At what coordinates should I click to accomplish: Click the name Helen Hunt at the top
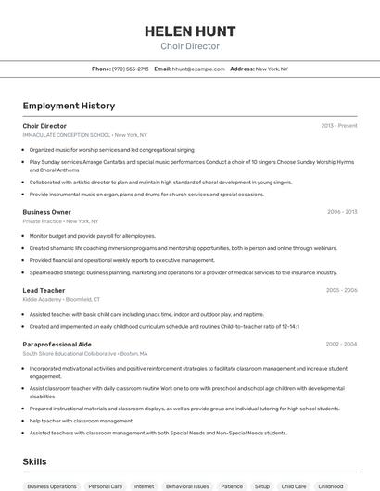coord(190,31)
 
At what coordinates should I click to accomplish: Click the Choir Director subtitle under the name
coord(190,46)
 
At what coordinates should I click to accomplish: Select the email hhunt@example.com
coord(198,69)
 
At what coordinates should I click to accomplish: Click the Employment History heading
coord(69,106)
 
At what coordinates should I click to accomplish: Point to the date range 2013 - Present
coord(339,126)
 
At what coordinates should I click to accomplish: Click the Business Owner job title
coord(46,212)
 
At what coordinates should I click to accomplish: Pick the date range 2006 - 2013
coord(342,212)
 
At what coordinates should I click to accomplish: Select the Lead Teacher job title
coord(44,290)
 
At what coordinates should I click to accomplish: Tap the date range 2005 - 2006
coord(341,290)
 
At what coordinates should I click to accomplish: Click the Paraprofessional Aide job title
coord(57,344)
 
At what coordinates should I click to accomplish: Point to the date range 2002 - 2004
coord(341,344)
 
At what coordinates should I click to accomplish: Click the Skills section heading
coord(35,460)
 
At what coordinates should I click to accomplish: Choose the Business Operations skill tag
coord(52,485)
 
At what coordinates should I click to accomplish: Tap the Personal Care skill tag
coord(105,485)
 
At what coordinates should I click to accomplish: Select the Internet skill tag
coord(144,485)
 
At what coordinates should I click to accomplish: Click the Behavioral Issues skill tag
coord(187,485)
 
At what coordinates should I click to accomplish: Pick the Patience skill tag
coord(232,485)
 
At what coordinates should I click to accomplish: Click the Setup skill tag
coord(262,485)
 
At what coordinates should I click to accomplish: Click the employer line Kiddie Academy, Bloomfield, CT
coord(62,300)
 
